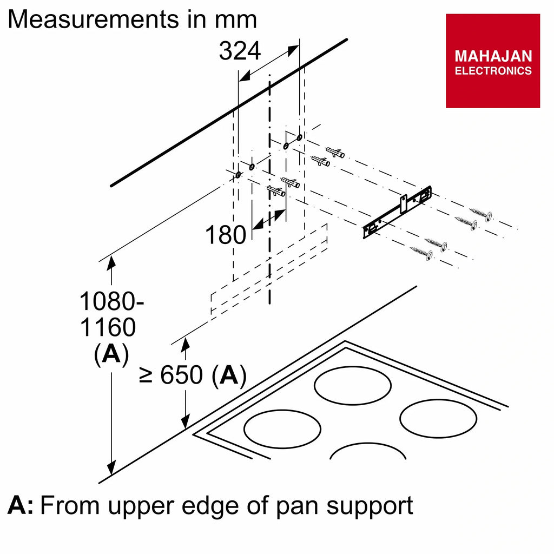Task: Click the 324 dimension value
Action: point(240,51)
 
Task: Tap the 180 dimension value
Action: point(226,235)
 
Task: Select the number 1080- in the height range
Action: point(111,301)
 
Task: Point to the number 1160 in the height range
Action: point(108,327)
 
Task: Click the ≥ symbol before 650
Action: point(145,375)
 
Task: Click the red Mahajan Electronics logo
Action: point(493,61)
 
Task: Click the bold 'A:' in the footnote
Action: point(21,505)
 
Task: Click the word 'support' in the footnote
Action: point(370,507)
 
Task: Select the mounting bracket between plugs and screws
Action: point(398,212)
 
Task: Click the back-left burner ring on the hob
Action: point(353,385)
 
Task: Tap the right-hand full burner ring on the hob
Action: point(438,418)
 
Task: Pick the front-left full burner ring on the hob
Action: point(282,429)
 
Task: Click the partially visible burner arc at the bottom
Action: point(368,443)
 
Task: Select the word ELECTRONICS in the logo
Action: point(493,71)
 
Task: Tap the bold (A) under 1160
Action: point(111,354)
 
